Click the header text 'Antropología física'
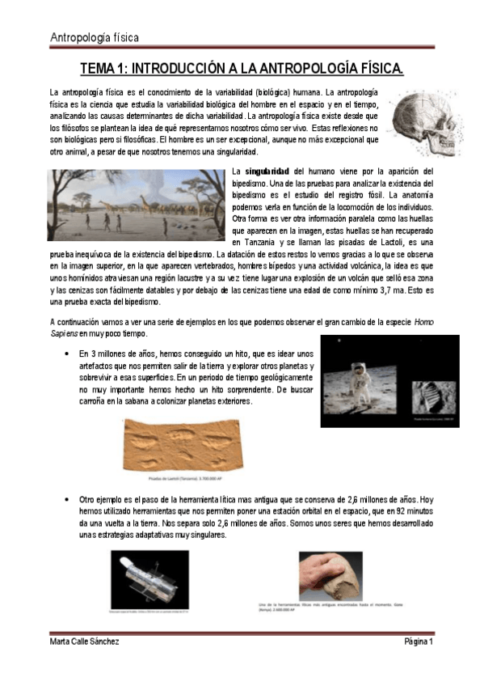[95, 37]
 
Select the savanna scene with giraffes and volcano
[137, 206]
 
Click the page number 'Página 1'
[419, 642]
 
